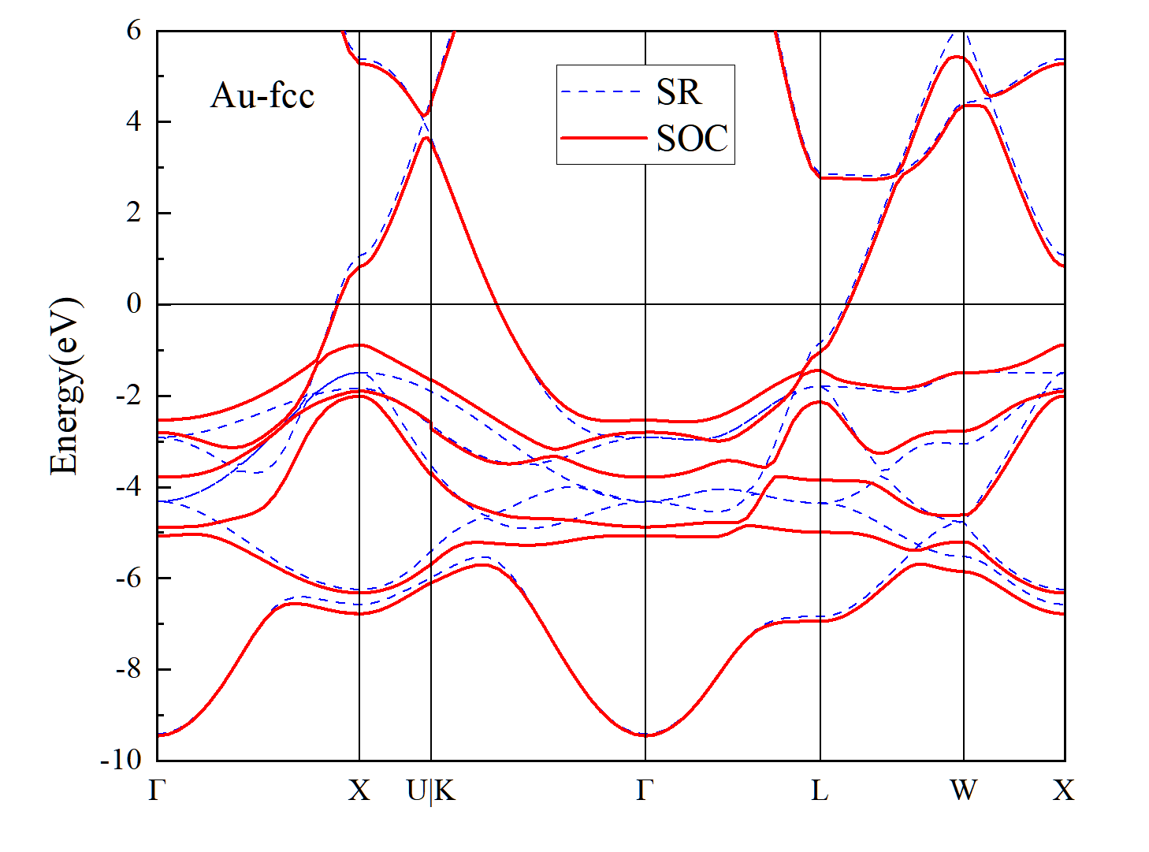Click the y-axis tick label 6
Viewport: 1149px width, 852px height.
(x=134, y=31)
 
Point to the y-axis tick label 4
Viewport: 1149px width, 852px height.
(x=134, y=122)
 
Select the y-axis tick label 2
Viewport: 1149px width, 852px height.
(x=134, y=213)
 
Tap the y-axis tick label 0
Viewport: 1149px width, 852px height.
(x=134, y=303)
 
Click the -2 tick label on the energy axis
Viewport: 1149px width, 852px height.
(x=128, y=396)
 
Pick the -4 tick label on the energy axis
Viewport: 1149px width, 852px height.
(x=128, y=486)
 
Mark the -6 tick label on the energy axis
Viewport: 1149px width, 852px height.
(x=128, y=578)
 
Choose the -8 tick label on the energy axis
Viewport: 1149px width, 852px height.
(x=128, y=669)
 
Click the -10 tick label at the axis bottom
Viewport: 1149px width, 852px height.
(x=121, y=761)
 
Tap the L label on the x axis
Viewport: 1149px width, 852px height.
(x=820, y=791)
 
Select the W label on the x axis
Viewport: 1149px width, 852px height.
(x=963, y=791)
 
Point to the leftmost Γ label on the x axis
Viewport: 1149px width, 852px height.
(x=157, y=791)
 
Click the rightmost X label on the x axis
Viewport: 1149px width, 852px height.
(x=1064, y=791)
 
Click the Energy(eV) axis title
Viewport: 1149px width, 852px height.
(x=65, y=386)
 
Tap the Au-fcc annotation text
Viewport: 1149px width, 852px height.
(x=262, y=96)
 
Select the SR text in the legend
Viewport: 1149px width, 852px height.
(x=679, y=92)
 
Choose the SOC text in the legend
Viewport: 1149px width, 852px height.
(x=693, y=139)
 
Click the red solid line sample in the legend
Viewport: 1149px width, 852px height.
(x=604, y=139)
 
